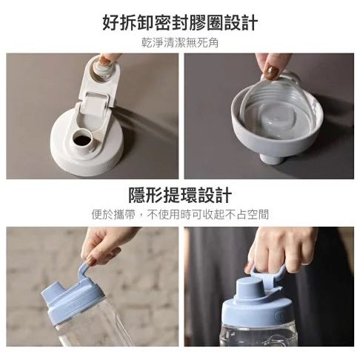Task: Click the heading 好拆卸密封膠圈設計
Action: [180, 22]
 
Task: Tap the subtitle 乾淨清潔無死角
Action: [180, 43]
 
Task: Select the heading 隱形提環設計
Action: [180, 195]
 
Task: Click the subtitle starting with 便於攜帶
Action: [180, 214]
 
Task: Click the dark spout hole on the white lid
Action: [82, 140]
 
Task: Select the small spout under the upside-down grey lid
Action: [273, 159]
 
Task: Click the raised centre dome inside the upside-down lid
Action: [273, 121]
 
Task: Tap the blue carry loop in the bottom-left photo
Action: [84, 272]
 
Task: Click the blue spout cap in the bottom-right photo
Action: [250, 288]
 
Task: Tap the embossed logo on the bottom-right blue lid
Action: [280, 315]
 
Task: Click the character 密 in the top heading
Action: [162, 22]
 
